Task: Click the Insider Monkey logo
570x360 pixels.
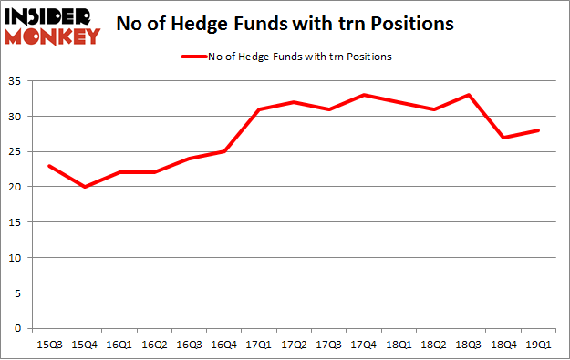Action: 52,25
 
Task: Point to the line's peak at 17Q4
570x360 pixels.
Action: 364,95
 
